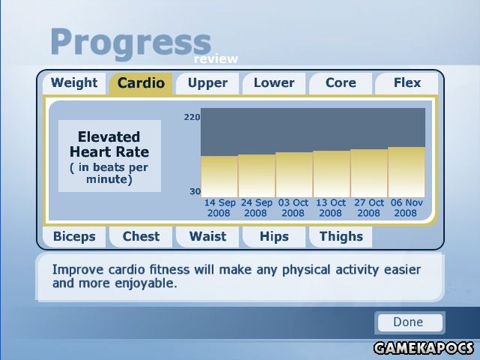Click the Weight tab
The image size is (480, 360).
74,83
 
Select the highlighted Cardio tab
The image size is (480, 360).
141,83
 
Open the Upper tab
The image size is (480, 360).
208,83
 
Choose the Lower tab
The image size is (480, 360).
274,83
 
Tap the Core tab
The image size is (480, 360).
340,83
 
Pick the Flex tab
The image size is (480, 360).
406,83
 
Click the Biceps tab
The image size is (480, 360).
74,237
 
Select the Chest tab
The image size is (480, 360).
141,237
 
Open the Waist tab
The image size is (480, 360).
208,237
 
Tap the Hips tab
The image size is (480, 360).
274,237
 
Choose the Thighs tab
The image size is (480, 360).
340,237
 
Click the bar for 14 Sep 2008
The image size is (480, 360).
219,177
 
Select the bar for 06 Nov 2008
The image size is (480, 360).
406,172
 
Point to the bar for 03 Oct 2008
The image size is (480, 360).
294,175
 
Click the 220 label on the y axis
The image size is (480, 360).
192,117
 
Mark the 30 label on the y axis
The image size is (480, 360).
195,192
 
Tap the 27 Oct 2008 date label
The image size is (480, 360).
369,208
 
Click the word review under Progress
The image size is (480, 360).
216,58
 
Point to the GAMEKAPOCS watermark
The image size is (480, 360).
424,348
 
